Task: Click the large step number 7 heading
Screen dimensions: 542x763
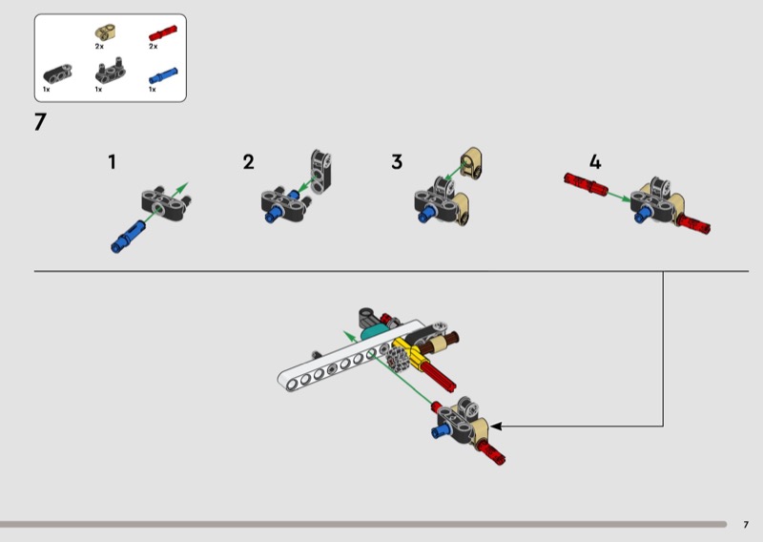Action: click(40, 123)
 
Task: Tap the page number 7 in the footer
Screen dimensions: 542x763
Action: click(746, 524)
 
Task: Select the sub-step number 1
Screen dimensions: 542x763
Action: click(112, 161)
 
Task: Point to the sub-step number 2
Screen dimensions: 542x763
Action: click(249, 161)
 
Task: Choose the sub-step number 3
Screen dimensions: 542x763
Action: click(397, 161)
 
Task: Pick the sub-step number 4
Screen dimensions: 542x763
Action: click(595, 161)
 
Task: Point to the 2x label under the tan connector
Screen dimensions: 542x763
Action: click(99, 46)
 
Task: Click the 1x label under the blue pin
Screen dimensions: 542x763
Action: click(152, 89)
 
